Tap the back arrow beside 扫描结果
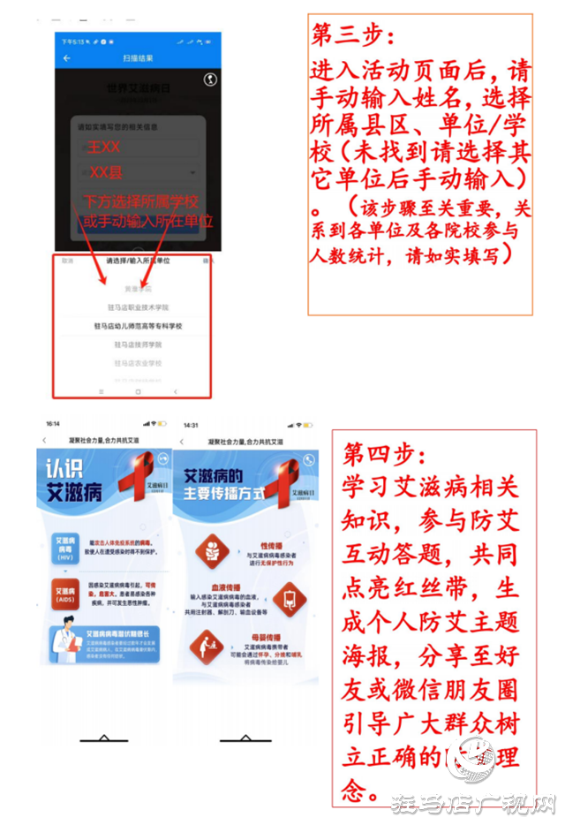(x=67, y=58)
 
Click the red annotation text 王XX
(x=103, y=148)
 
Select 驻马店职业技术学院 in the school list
(x=139, y=307)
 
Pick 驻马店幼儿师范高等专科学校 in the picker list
(x=139, y=326)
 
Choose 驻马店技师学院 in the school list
(x=139, y=344)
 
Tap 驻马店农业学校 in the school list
(x=139, y=363)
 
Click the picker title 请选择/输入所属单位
(x=139, y=261)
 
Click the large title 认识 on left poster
(x=64, y=469)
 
